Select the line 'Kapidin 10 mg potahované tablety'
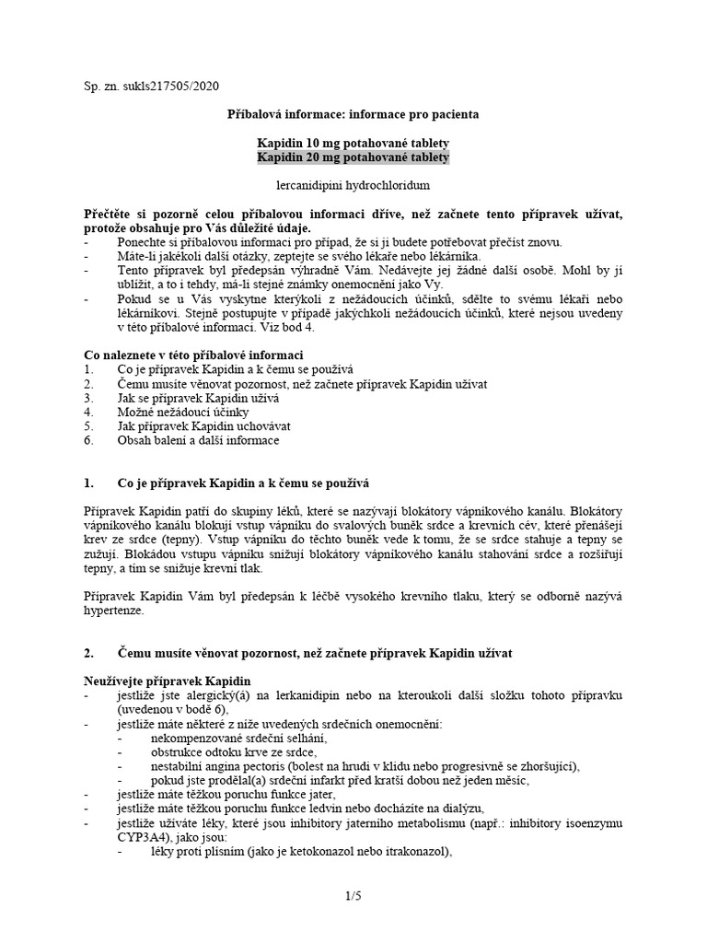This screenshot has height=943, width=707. (x=353, y=145)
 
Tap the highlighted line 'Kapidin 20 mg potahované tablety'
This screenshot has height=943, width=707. (x=353, y=158)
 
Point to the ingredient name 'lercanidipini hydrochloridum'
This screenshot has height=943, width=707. (x=353, y=185)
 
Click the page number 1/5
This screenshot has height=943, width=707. (x=353, y=894)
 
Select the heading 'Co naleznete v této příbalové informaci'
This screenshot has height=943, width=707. (x=193, y=355)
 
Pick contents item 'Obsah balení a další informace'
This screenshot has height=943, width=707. (x=198, y=440)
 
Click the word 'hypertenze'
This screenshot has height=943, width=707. (x=113, y=611)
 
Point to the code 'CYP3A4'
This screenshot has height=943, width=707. (x=144, y=838)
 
